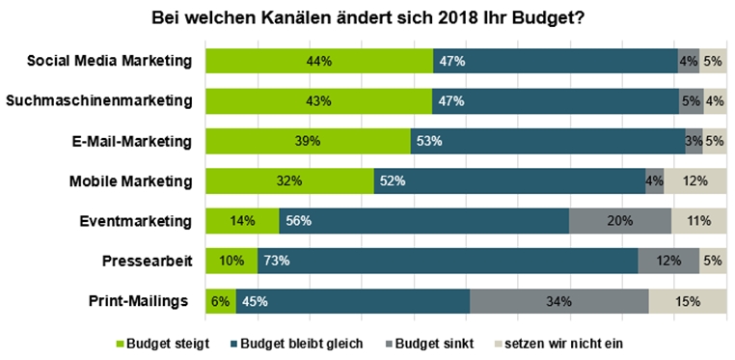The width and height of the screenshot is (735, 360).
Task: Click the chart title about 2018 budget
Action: click(x=367, y=19)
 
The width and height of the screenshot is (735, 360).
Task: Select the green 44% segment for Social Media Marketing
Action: click(x=319, y=61)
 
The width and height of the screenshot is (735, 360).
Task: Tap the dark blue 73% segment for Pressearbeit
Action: click(x=448, y=261)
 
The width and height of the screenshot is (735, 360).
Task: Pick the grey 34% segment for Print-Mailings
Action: click(x=559, y=301)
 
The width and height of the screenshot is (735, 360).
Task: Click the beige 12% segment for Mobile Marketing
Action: click(x=695, y=180)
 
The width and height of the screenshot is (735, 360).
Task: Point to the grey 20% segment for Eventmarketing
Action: click(x=620, y=221)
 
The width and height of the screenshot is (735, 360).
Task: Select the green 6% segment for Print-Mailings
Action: click(x=221, y=301)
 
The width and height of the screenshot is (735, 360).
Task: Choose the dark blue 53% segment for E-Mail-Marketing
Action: click(x=548, y=141)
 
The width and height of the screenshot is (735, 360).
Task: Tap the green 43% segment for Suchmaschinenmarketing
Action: click(x=318, y=100)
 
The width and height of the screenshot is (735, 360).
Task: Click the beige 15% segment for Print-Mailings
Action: click(x=688, y=301)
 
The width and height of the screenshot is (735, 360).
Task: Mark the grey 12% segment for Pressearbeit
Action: click(x=668, y=261)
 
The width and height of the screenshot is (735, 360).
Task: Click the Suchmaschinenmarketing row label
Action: click(x=99, y=101)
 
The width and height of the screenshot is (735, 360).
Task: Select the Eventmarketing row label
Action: click(x=136, y=221)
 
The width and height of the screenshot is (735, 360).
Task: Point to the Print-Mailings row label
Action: click(x=138, y=301)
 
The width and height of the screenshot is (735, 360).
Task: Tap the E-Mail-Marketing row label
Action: click(x=129, y=142)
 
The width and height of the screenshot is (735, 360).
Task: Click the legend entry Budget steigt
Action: click(x=163, y=344)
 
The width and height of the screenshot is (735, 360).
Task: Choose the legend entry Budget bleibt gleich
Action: click(x=296, y=344)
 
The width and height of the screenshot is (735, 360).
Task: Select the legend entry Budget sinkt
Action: click(x=429, y=344)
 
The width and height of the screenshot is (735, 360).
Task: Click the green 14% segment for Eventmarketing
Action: click(x=242, y=221)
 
